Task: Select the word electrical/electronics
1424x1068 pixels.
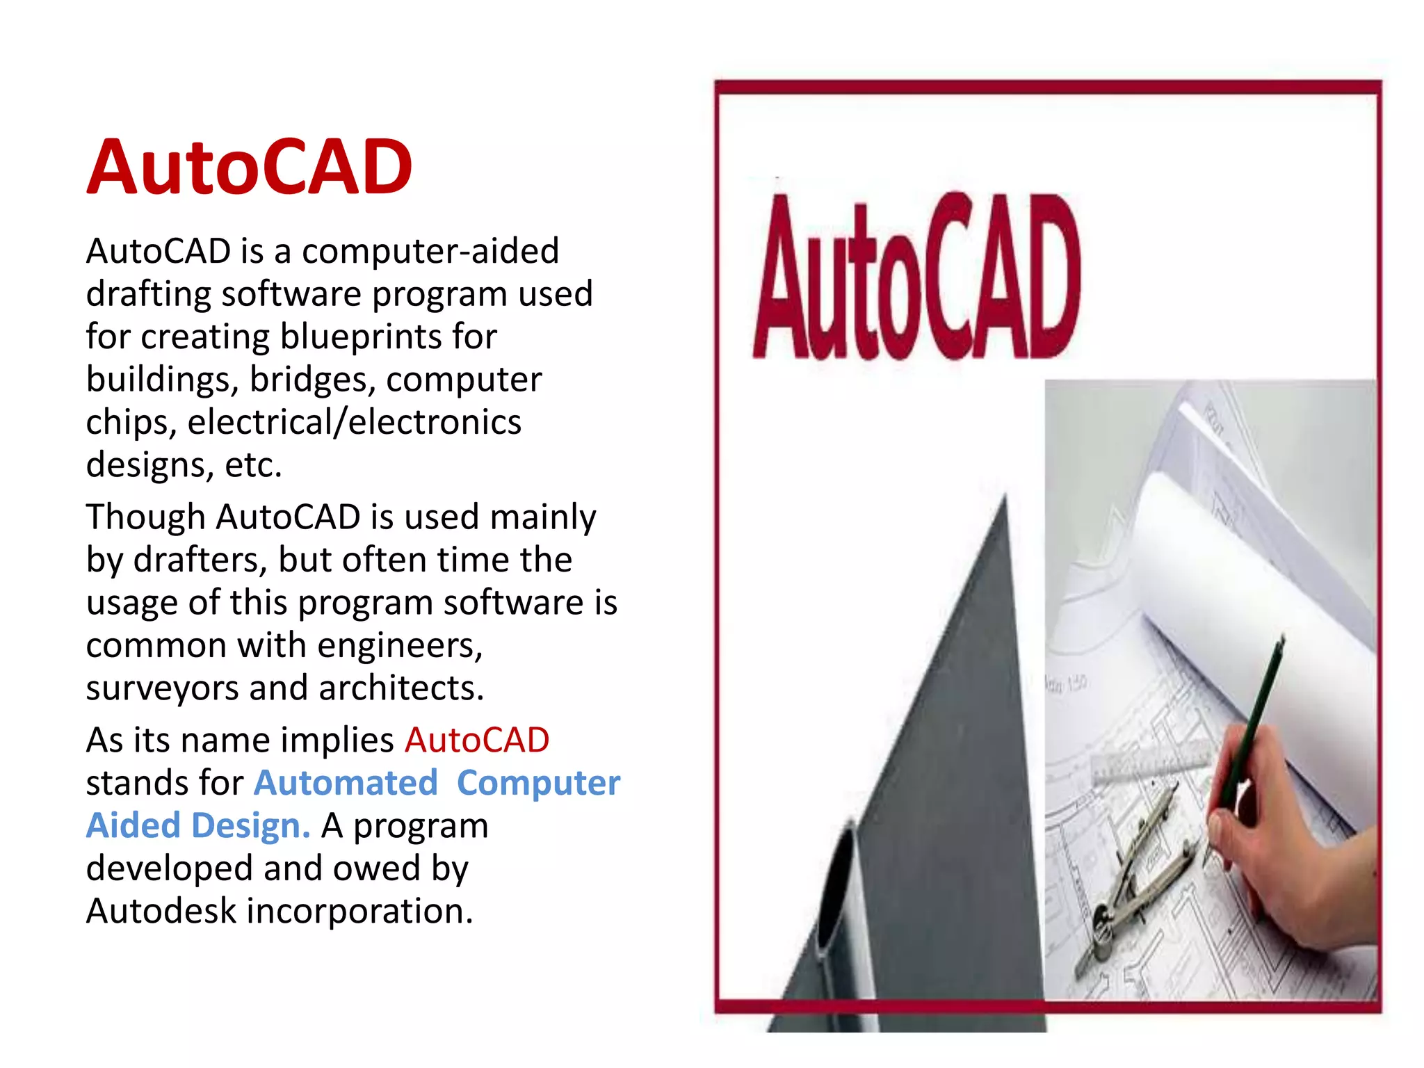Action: coord(354,423)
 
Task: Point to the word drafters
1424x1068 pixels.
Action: coord(200,560)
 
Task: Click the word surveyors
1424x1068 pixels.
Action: coord(161,688)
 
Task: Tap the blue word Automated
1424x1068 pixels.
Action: coord(346,784)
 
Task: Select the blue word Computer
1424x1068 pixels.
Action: coord(538,784)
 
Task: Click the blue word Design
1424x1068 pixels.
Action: coord(250,826)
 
